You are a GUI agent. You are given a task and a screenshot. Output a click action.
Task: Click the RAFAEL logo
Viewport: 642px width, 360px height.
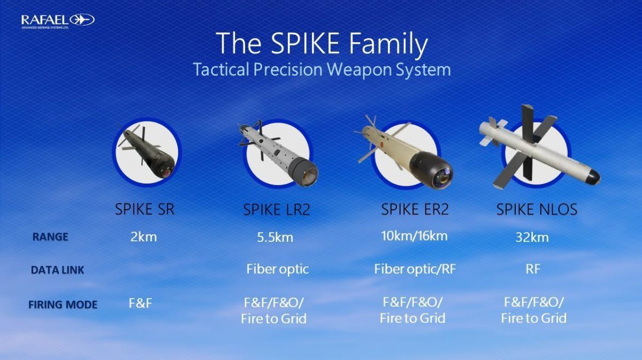(58, 21)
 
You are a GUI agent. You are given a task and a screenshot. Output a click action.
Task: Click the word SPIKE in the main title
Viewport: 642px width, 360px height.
(305, 43)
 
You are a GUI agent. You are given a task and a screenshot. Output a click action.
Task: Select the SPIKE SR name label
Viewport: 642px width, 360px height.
(145, 209)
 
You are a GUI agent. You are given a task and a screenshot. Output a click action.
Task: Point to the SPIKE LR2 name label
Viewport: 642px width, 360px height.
(277, 210)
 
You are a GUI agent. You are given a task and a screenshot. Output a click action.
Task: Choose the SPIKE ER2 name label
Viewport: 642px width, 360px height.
(415, 209)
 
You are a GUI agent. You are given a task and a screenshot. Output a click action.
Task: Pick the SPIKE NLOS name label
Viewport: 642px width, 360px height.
(537, 209)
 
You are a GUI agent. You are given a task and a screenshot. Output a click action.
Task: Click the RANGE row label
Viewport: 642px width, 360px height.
(50, 237)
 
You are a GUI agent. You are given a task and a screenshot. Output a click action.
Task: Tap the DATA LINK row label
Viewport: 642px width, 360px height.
(58, 270)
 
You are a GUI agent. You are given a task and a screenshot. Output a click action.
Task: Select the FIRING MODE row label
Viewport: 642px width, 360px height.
(63, 304)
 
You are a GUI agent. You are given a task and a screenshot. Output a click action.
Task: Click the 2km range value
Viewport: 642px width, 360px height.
(143, 237)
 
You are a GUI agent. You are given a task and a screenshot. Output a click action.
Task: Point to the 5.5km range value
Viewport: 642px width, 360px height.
(275, 238)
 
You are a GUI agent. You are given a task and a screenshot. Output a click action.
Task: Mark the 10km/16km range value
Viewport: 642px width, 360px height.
(414, 236)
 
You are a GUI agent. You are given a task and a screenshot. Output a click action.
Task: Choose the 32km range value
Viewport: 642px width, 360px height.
(532, 238)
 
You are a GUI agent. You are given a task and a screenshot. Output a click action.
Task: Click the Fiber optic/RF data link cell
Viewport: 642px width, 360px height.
(415, 269)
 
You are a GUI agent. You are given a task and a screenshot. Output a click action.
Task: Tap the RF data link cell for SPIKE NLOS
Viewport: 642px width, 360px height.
(533, 269)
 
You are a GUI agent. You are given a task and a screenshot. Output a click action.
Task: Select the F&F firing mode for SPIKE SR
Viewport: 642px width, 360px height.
(140, 303)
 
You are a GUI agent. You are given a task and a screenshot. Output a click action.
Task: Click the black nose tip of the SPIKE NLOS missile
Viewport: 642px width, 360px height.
(592, 178)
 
